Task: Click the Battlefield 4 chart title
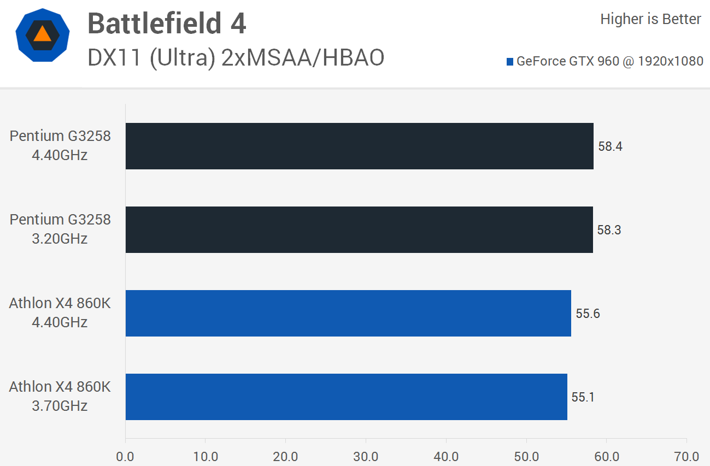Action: tap(167, 24)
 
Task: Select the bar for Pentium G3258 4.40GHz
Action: tap(359, 146)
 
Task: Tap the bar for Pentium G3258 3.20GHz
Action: tap(359, 229)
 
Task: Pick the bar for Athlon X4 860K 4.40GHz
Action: tap(348, 313)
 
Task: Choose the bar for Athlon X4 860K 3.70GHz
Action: tap(346, 397)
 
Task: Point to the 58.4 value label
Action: tap(610, 146)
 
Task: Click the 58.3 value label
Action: tap(609, 230)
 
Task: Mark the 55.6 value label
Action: tap(588, 314)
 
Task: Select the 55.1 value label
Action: tap(583, 397)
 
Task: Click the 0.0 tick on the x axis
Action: tap(125, 456)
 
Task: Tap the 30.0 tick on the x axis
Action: tap(366, 456)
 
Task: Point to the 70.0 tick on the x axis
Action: tap(686, 456)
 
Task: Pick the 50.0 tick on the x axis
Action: tap(526, 456)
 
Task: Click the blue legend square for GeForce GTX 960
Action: tap(510, 62)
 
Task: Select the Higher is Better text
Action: tap(650, 19)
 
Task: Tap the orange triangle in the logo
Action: tap(42, 34)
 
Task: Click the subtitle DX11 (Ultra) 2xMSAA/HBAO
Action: tap(236, 57)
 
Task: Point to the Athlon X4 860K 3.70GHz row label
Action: tap(60, 396)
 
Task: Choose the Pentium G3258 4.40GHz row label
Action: tap(60, 145)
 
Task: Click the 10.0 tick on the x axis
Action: tap(205, 456)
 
